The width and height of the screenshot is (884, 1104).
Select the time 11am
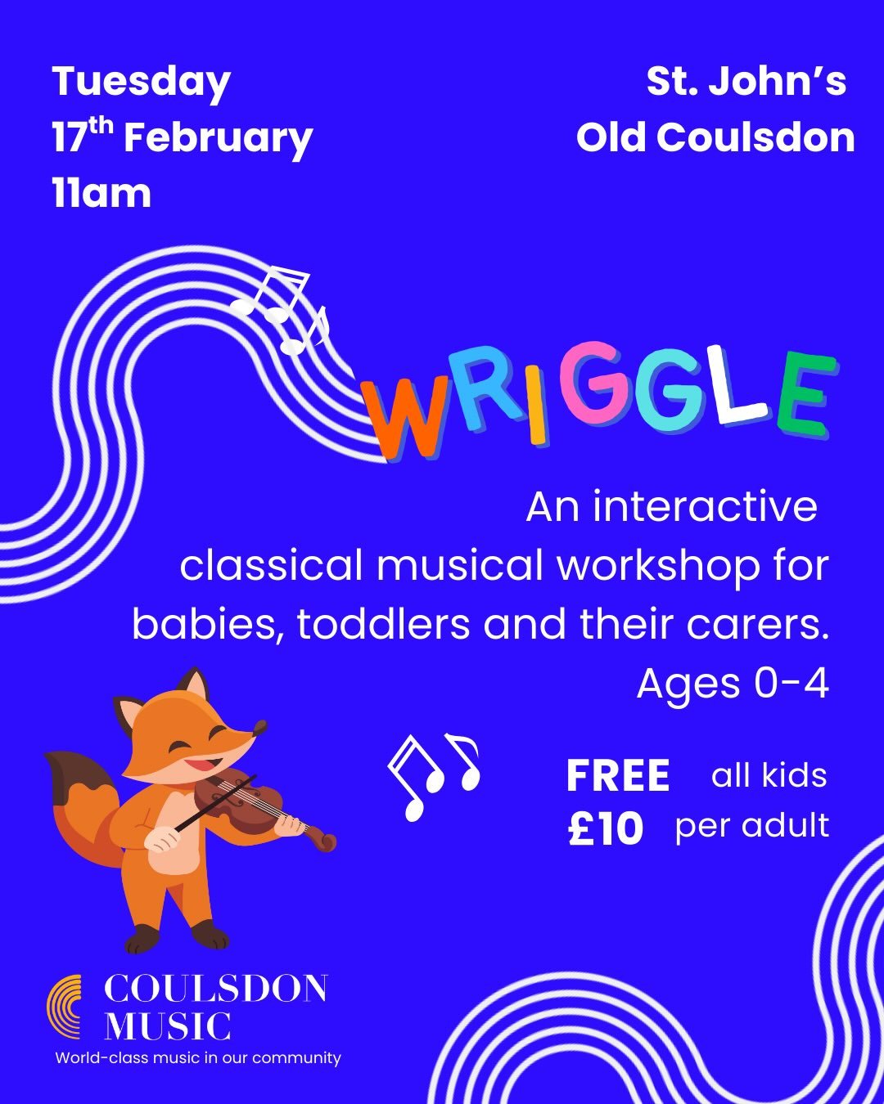(101, 195)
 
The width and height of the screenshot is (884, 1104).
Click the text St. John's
(746, 82)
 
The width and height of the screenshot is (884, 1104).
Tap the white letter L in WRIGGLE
(736, 387)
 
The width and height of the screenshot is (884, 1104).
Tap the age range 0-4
(791, 684)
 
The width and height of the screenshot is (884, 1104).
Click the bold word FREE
(618, 776)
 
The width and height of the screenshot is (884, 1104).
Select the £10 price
(606, 829)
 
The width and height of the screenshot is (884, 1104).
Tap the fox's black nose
(261, 725)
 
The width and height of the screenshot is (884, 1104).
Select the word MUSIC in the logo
(168, 1026)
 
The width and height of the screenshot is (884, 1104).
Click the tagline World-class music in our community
(198, 1058)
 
